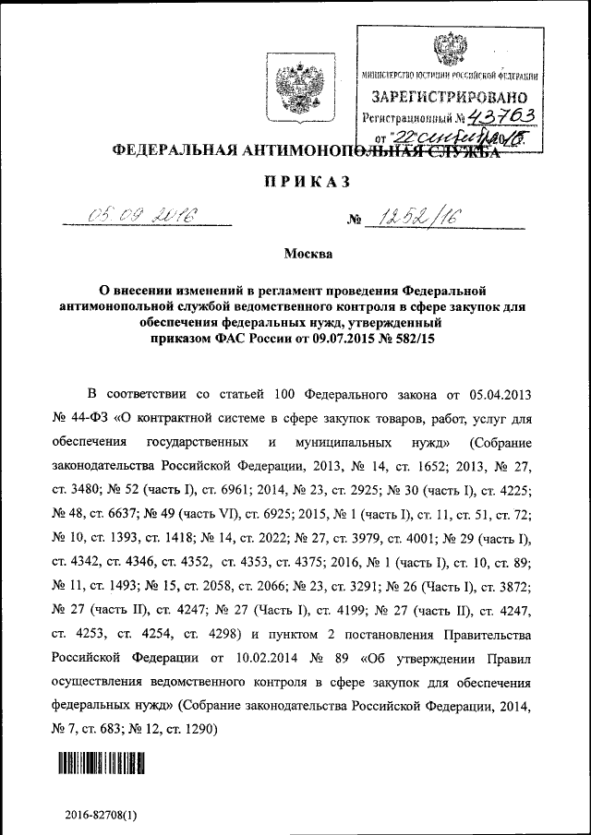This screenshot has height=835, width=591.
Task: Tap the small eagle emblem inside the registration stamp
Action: pyautogui.click(x=450, y=47)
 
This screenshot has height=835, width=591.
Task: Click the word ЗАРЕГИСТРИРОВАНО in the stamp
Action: pyautogui.click(x=450, y=96)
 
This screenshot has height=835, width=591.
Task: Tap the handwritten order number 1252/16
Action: pyautogui.click(x=415, y=218)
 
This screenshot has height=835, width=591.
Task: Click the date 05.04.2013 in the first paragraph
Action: pyautogui.click(x=501, y=396)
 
